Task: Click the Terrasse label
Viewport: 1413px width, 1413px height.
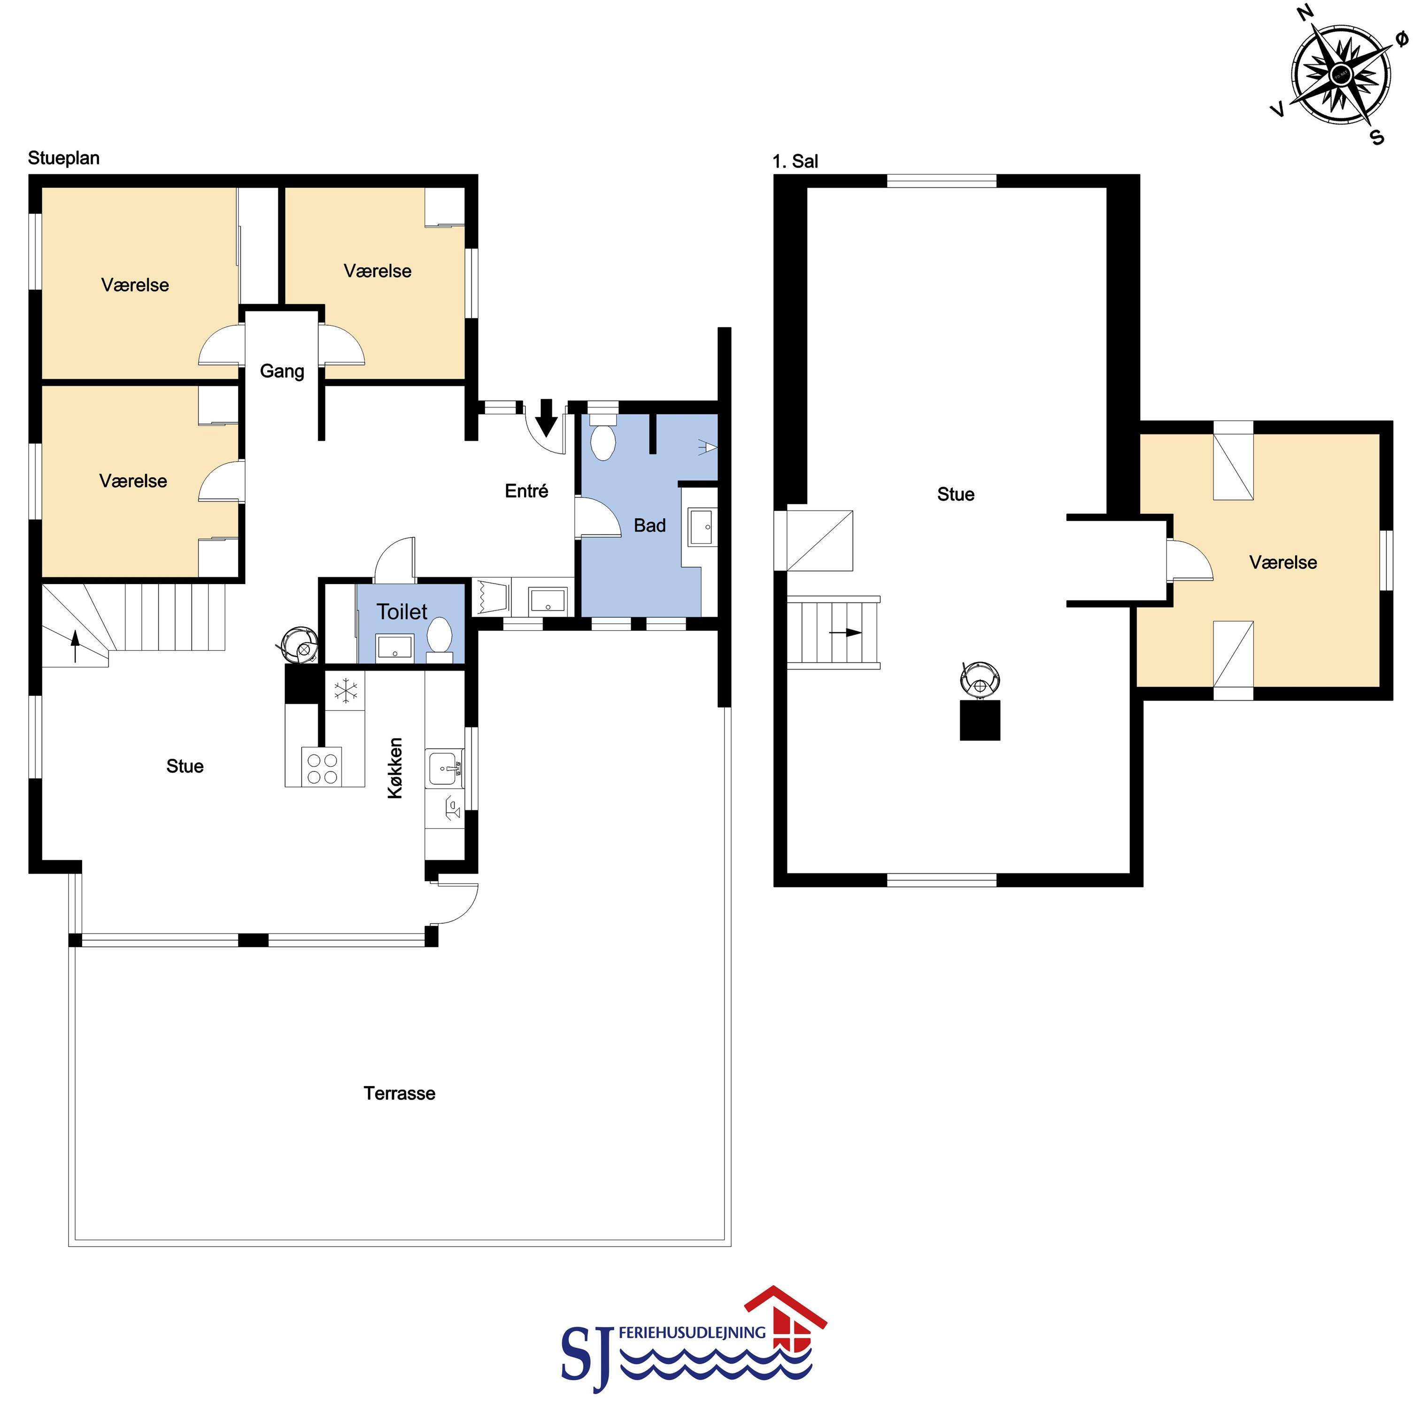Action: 399,1093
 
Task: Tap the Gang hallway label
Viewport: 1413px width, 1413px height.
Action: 282,371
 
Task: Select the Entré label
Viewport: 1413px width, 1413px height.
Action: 526,491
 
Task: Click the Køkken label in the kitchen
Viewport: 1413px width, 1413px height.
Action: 395,768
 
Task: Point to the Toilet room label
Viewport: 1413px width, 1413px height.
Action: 402,611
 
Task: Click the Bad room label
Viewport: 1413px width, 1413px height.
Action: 649,525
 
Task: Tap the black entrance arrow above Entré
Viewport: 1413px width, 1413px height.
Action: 546,417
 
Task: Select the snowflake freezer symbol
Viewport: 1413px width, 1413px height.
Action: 345,690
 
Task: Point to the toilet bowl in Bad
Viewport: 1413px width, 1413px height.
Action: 602,440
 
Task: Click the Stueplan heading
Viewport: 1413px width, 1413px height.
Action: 63,158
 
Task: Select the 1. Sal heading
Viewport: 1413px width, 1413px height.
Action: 795,162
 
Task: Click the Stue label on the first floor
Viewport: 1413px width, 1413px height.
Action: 956,494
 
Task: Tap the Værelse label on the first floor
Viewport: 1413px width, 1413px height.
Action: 1283,563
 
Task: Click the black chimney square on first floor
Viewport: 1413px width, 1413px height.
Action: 979,720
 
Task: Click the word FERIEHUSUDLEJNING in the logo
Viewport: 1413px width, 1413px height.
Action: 692,1333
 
